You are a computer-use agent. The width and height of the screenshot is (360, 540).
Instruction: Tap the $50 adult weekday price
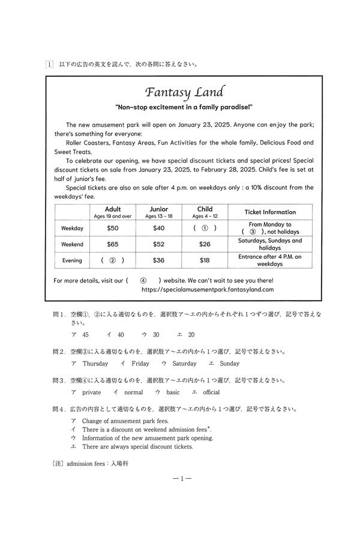point(112,228)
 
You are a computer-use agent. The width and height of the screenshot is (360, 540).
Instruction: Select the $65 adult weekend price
point(112,244)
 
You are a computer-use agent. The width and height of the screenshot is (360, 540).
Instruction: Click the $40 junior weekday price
point(158,228)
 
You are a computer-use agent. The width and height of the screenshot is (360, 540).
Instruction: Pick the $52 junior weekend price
point(158,244)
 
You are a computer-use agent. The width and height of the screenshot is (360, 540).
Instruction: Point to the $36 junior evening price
point(158,260)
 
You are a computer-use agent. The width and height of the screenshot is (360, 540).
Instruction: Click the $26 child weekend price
point(205,244)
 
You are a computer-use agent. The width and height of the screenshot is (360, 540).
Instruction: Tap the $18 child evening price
point(205,260)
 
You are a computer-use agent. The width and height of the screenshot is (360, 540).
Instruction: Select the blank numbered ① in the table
point(205,228)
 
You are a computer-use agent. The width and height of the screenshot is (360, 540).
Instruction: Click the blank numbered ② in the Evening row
point(112,260)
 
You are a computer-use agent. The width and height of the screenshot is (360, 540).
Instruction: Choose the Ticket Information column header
point(270,212)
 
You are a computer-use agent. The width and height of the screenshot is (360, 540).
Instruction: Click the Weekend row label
point(73,244)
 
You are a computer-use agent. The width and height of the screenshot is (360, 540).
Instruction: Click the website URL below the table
point(208,289)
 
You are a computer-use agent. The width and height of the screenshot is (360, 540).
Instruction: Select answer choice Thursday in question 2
point(95,364)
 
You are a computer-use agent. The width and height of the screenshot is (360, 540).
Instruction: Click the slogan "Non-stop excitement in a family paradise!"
point(184,107)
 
